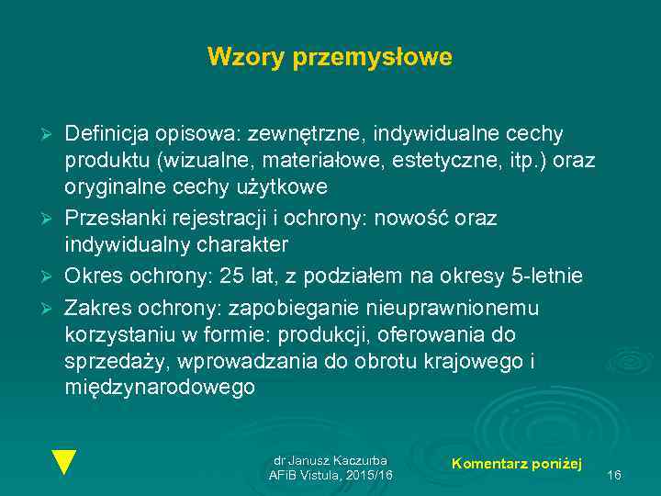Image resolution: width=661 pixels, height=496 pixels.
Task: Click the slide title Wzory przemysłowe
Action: [330, 57]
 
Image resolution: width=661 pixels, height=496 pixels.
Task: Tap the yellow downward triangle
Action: [63, 461]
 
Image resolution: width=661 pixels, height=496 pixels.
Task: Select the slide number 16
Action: [614, 475]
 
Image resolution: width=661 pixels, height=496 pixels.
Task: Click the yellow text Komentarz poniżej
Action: [517, 464]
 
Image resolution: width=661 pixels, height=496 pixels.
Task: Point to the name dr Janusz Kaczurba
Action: [330, 460]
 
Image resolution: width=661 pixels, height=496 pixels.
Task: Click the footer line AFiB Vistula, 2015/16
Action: [330, 475]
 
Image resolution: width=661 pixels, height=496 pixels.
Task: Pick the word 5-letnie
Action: [548, 276]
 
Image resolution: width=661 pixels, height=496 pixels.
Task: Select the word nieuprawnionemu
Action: [449, 307]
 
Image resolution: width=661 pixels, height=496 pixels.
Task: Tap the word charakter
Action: [242, 245]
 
